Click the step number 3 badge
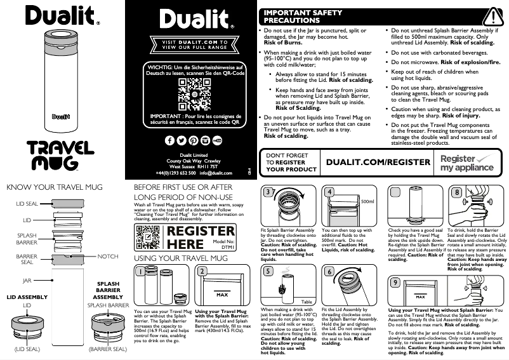[x=270, y=192]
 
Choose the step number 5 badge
[x=270, y=270]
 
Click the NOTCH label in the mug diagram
[x=108, y=257]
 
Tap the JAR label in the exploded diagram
[x=27, y=279]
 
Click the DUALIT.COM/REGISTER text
[x=378, y=163]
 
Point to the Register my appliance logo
[x=467, y=163]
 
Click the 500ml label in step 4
[x=366, y=201]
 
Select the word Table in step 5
[x=306, y=301]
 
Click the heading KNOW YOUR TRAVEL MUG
[x=54, y=188]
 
